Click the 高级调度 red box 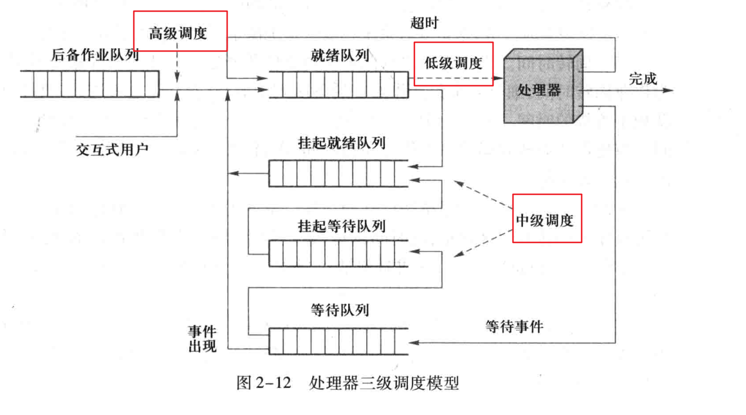coord(179,31)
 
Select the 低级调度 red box coord(454,63)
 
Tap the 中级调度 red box coord(547,218)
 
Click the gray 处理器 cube coord(541,88)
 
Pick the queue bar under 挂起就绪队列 coord(337,174)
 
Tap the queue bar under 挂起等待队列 coord(337,252)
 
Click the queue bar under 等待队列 coord(337,341)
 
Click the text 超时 coord(424,23)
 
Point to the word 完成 coord(643,79)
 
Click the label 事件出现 coord(202,339)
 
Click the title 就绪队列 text coord(340,56)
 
